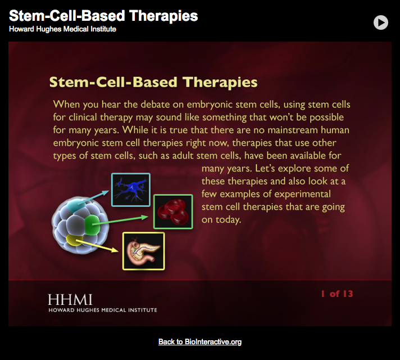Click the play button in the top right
(380, 22)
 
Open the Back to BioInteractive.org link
(200, 342)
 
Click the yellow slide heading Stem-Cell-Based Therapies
(153, 82)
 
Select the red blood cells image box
(173, 211)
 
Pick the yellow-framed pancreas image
(143, 251)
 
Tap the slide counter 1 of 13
(337, 294)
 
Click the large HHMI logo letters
(70, 299)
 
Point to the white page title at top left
(103, 16)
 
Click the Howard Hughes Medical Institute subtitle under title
(62, 29)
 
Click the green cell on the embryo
(92, 228)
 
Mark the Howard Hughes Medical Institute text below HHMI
(102, 310)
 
